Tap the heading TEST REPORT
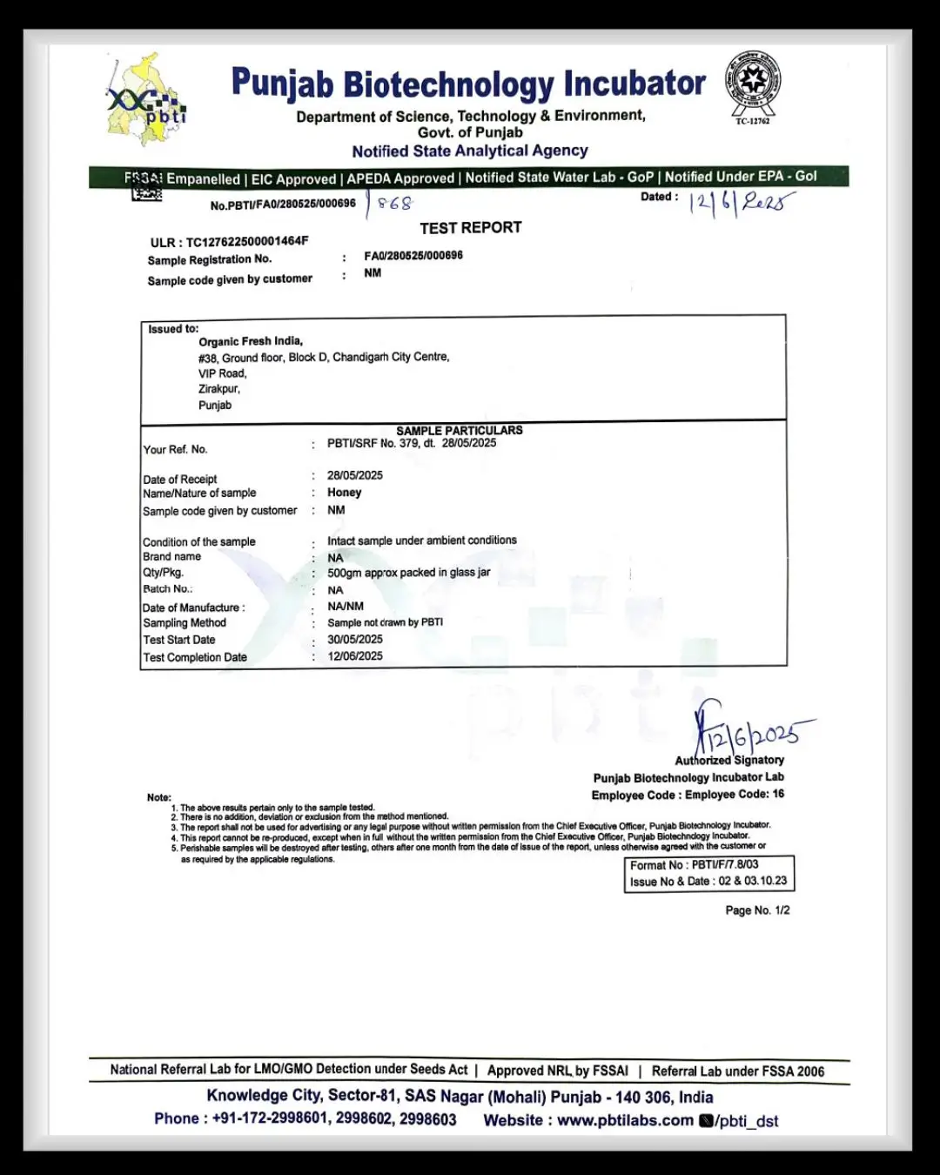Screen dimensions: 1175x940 471,228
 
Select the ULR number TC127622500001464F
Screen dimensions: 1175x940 247,241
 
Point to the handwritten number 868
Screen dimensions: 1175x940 394,204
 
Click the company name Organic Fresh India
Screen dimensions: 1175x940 251,341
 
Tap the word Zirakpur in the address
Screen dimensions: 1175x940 218,389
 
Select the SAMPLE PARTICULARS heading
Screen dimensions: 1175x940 460,430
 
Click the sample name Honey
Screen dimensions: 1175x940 344,493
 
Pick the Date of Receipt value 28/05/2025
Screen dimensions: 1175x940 355,475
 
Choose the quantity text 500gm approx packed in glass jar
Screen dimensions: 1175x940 408,573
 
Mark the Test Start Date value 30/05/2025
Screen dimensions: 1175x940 355,639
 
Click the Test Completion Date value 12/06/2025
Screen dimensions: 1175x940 355,656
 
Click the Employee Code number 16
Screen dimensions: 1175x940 778,794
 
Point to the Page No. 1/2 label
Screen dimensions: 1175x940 757,910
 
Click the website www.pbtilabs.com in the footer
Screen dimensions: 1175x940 625,1120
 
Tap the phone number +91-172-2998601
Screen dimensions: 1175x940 270,1118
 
